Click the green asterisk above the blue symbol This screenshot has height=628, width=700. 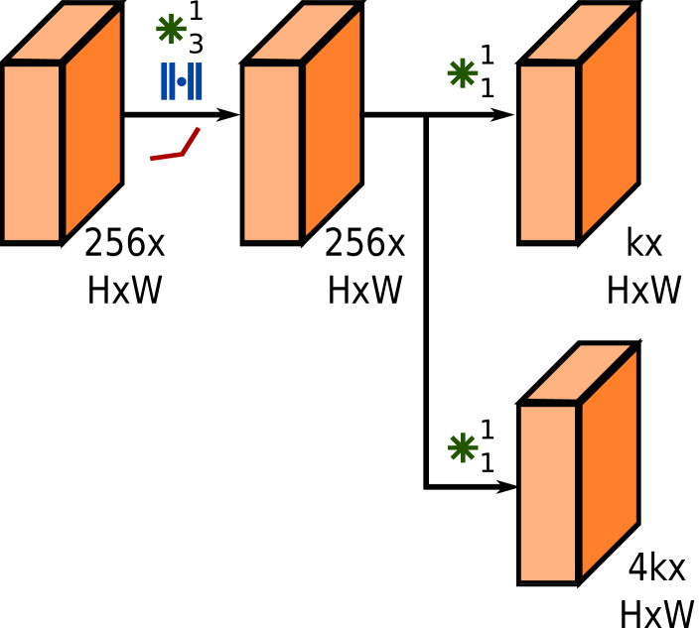[171, 29]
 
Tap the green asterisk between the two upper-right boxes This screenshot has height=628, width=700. [462, 72]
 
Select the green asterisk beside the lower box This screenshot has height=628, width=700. [463, 447]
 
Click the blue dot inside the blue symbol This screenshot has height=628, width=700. [182, 81]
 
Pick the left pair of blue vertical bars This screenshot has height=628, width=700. [168, 81]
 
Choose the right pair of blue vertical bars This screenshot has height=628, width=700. [196, 81]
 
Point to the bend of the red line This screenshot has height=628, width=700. [183, 154]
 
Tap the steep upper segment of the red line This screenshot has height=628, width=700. [192, 140]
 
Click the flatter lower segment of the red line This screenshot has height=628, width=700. [166, 157]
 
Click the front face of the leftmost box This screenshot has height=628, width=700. [32, 152]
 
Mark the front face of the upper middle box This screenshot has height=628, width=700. [272, 152]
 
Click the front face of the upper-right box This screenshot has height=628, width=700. [548, 152]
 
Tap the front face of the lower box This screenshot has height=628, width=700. [548, 492]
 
